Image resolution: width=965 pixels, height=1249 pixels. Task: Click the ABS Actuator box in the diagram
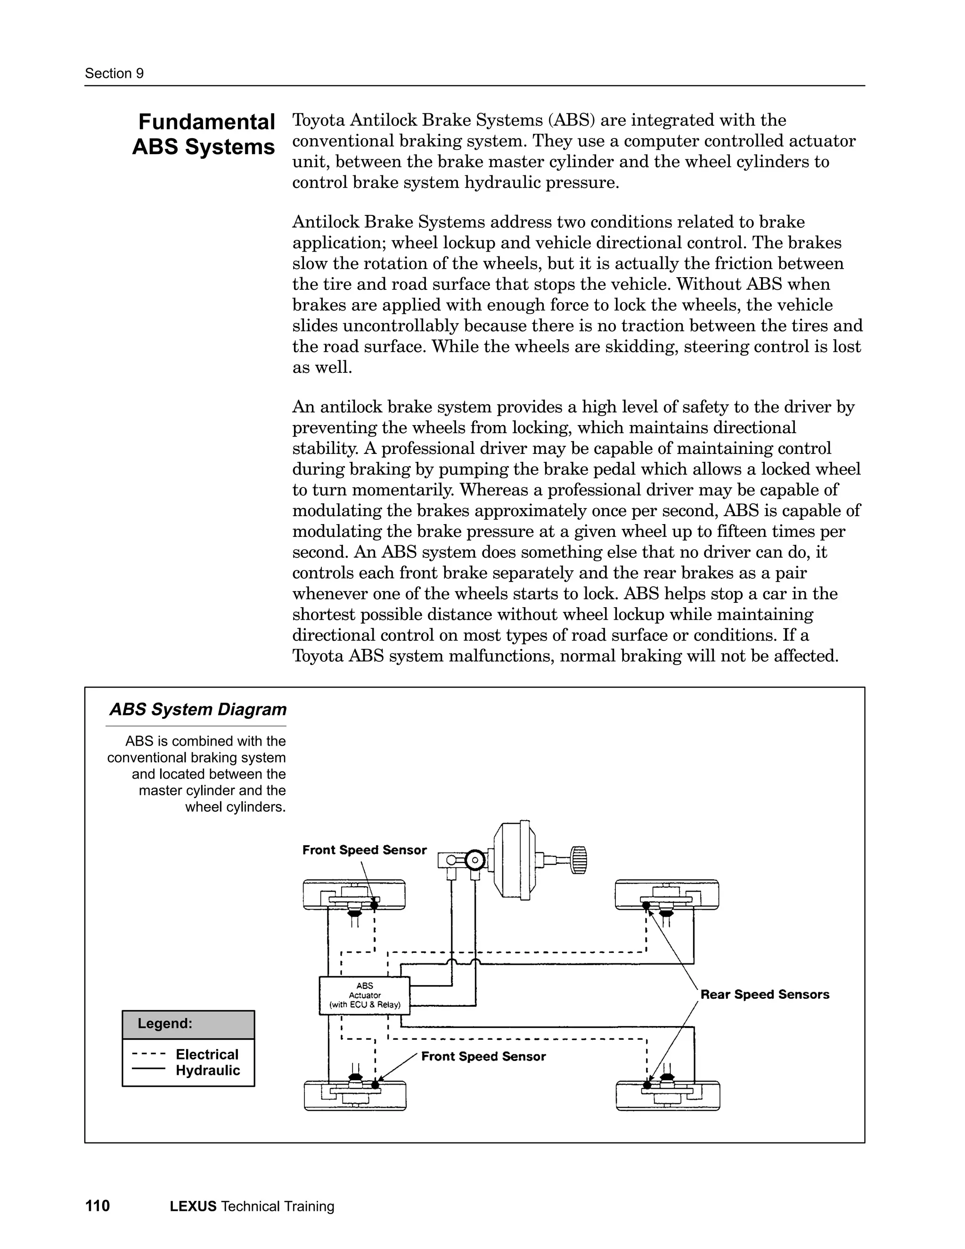364,995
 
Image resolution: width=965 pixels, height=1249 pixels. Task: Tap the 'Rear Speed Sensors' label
764,994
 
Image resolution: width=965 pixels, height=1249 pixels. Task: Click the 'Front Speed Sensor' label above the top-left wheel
364,850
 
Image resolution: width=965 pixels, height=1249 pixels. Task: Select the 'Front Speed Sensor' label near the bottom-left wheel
483,1056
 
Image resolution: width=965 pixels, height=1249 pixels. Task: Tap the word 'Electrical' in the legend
207,1054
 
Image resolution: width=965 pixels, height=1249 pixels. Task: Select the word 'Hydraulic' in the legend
207,1070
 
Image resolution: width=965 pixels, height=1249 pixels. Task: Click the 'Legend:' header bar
188,1024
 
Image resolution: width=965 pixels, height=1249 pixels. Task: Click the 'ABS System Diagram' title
198,710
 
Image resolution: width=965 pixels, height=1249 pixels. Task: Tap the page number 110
97,1206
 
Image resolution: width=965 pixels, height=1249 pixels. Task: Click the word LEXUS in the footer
193,1207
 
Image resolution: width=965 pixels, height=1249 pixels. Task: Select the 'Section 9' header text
114,73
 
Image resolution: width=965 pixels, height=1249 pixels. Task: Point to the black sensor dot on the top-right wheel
646,905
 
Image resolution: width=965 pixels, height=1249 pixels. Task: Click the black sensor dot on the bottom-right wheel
647,1085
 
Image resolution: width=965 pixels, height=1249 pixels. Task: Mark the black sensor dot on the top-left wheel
375,905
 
